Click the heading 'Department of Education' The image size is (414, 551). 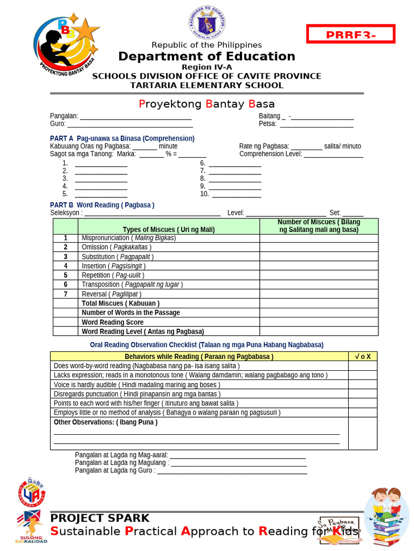coord(206,56)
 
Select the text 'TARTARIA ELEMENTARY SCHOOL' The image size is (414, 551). coord(206,85)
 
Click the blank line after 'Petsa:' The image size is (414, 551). coord(316,124)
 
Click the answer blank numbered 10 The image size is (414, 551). coord(235,194)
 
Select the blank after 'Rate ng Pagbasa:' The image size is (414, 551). coord(307,147)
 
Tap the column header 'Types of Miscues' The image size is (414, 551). coord(168,230)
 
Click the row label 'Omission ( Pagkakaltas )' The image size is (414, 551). coord(116,247)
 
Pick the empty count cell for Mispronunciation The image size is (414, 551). coord(319,238)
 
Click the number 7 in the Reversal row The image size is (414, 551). coord(66,294)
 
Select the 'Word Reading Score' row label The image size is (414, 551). coord(113,322)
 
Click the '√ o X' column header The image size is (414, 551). coord(362,356)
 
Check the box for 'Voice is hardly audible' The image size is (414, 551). coord(362,385)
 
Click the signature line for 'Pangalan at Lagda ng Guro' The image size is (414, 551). coord(232,471)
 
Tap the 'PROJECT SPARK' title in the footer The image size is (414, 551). coord(100,518)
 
